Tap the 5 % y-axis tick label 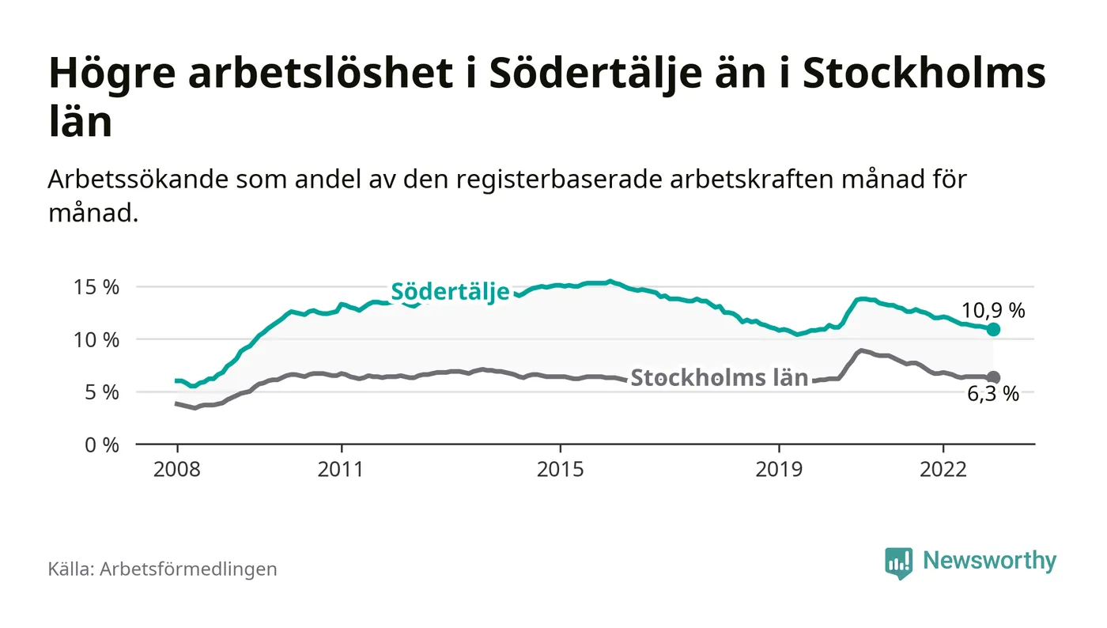tap(102, 392)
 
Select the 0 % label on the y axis tap(102, 445)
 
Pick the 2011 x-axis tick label tap(342, 469)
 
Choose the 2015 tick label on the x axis tap(561, 469)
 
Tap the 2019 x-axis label tap(780, 469)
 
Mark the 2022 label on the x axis tap(943, 469)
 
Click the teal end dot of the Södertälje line tap(994, 329)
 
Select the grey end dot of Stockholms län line tap(994, 377)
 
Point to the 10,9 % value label tap(993, 311)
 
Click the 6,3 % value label tap(993, 395)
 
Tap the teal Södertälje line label tap(450, 292)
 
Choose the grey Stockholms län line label tap(720, 377)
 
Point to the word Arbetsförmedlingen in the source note tap(188, 569)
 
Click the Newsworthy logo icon tap(898, 562)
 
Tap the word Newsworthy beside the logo tap(989, 561)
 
